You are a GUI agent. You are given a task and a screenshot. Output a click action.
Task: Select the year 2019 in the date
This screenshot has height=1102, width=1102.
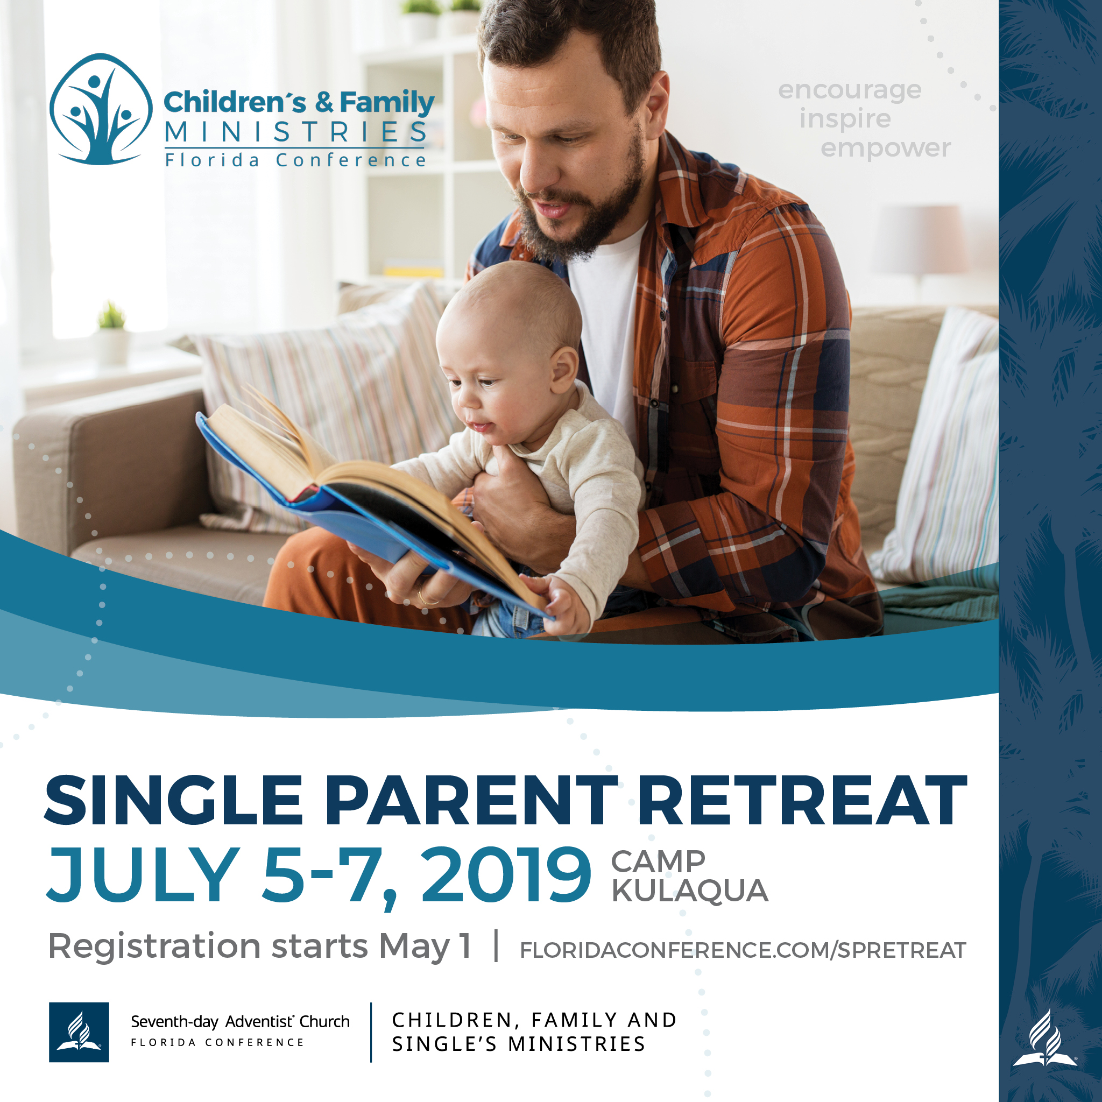[x=506, y=875]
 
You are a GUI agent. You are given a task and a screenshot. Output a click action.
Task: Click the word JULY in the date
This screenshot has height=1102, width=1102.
[x=143, y=875]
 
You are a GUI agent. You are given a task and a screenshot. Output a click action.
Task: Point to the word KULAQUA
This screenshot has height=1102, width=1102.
[x=690, y=891]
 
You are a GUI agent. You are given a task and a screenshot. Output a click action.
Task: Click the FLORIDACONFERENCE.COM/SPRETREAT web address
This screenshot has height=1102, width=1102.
[x=743, y=950]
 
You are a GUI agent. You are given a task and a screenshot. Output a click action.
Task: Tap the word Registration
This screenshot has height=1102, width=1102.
[x=154, y=948]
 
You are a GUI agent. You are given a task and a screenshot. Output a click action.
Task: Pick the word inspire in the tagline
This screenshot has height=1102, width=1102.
[x=845, y=120]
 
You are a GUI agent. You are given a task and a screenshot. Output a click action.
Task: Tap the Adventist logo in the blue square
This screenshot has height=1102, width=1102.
[x=79, y=1032]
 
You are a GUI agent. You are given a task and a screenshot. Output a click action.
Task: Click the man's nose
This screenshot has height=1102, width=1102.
[x=533, y=174]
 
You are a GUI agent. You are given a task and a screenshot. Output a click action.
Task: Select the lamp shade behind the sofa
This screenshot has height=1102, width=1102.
[x=919, y=239]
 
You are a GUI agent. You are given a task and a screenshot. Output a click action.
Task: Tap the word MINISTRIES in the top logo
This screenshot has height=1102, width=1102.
[x=295, y=132]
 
